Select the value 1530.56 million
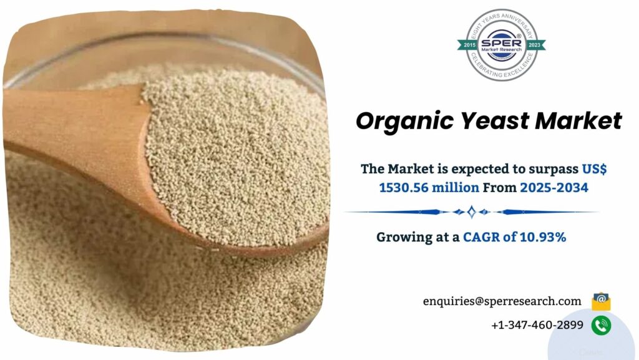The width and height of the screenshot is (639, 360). (x=429, y=187)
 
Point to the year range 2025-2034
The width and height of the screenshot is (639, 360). (x=554, y=187)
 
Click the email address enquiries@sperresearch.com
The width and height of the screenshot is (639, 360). (x=502, y=301)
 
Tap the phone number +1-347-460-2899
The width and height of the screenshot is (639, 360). (x=537, y=325)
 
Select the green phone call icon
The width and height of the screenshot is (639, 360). (x=601, y=325)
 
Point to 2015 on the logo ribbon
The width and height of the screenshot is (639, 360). (x=469, y=45)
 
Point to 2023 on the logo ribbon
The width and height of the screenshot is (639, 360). (x=534, y=45)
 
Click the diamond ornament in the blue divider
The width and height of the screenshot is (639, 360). (x=471, y=212)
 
